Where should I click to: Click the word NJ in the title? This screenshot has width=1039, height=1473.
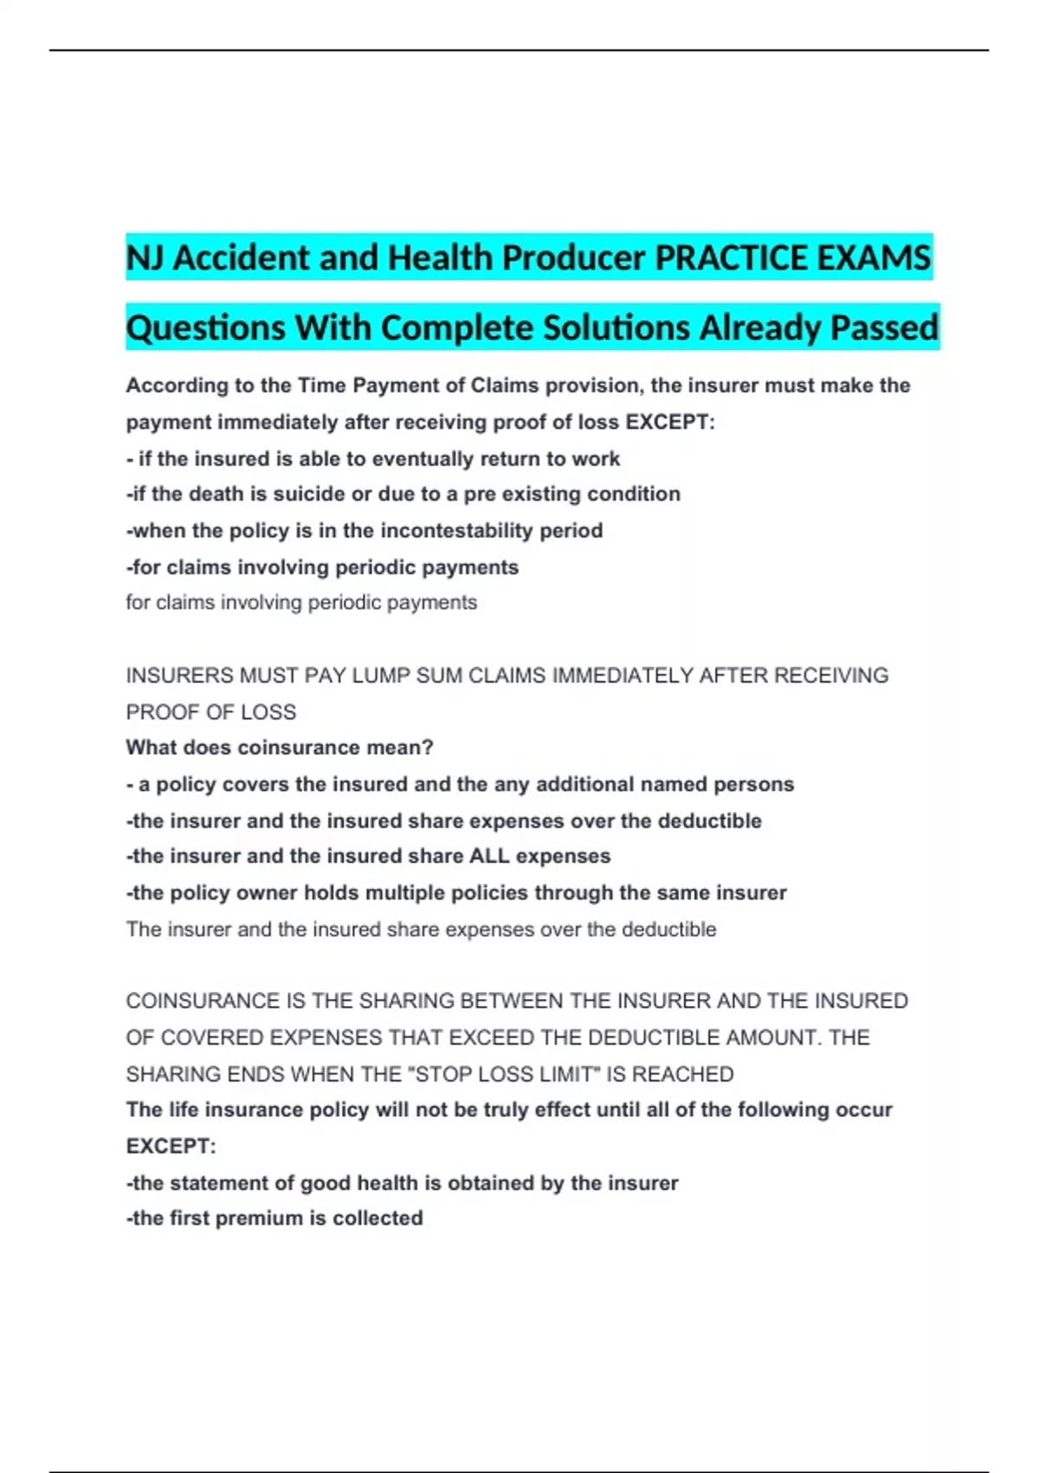coord(145,257)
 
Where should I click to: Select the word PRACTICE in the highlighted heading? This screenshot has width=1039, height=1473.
coord(724,257)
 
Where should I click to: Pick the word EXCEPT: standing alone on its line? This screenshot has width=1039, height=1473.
coord(171,1146)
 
